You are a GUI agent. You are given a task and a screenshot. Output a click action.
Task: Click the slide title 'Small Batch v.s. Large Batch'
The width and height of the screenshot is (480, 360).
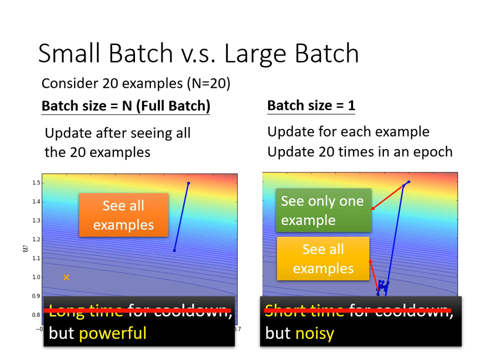(198, 53)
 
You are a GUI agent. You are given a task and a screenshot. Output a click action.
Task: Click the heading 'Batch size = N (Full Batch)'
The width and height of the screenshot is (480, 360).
(125, 106)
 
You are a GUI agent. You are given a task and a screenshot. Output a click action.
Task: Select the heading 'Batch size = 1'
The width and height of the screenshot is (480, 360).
(311, 105)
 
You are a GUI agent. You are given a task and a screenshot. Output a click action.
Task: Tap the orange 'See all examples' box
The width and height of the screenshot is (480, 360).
(123, 215)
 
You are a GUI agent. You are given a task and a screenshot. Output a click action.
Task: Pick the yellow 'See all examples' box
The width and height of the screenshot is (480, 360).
(323, 258)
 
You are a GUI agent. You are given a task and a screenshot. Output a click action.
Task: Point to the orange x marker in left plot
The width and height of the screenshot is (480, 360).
(66, 277)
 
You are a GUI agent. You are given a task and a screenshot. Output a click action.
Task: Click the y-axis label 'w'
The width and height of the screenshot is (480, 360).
(25, 248)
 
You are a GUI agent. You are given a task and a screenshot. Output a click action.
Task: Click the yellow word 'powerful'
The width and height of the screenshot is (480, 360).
(113, 333)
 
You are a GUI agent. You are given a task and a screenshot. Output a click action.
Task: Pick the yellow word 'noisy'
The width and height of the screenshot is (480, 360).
(314, 333)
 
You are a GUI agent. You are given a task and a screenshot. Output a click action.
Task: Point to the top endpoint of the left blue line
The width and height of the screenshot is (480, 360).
(188, 183)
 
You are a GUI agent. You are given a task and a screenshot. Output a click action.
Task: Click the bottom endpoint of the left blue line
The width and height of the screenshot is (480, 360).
(174, 250)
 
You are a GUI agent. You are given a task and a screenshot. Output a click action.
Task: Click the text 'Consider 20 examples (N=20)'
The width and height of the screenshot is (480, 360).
(135, 83)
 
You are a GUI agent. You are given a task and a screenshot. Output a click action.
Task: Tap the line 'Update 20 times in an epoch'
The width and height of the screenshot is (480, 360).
(359, 151)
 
